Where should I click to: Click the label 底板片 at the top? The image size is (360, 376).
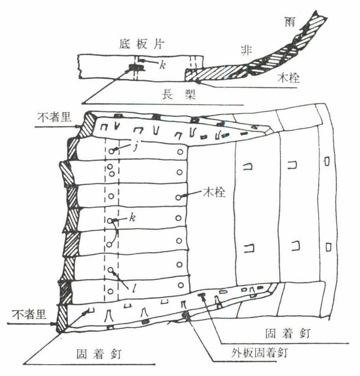click(x=139, y=44)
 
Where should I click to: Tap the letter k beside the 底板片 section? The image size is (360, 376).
click(x=162, y=65)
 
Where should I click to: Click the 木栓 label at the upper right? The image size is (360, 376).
click(x=288, y=79)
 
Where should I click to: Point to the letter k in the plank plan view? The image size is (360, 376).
click(x=133, y=218)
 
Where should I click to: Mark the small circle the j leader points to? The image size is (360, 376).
click(x=112, y=151)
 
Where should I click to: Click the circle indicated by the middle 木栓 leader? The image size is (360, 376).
click(x=180, y=196)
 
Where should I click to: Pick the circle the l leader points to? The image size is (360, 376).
click(x=111, y=271)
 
